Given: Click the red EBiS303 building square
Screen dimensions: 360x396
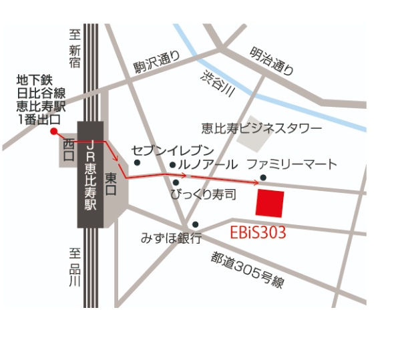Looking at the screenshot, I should click(270, 202).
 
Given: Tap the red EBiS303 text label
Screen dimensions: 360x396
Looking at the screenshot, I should click(258, 233).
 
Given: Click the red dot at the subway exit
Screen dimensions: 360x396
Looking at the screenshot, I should click(53, 131).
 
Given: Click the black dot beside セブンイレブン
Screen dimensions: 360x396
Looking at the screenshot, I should click(137, 162).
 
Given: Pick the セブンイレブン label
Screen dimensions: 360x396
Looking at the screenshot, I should click(172, 150).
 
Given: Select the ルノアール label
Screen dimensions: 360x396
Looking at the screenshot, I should click(208, 164).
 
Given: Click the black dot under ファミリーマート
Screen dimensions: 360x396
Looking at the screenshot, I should click(264, 178).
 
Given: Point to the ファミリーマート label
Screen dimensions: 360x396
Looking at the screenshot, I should click(292, 164).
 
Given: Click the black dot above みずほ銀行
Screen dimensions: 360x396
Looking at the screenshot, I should click(195, 224).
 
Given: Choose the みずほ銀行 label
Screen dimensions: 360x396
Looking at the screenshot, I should click(171, 238).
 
